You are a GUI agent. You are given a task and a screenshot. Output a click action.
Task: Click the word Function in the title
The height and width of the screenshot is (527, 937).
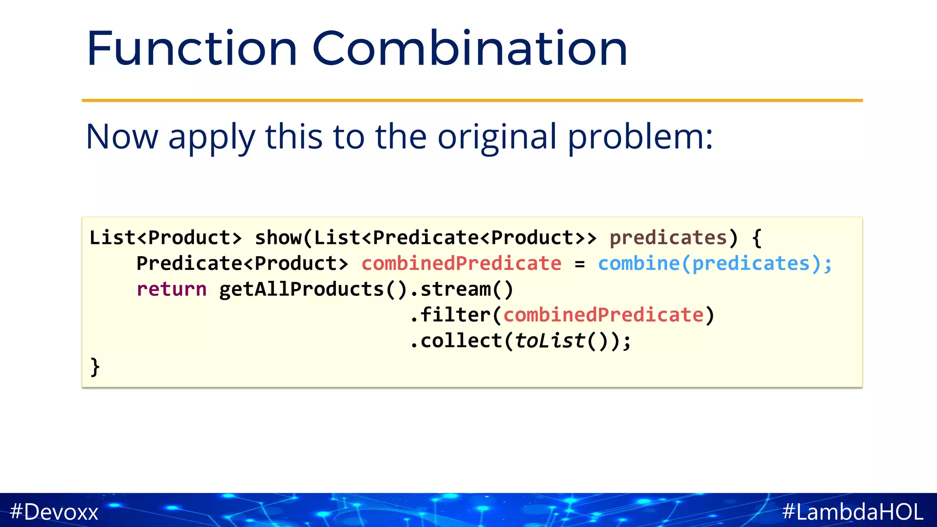192,48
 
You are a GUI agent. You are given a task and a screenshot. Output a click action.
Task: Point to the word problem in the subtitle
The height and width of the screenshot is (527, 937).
640,137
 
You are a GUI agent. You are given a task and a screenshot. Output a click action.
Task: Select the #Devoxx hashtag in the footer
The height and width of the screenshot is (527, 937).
54,511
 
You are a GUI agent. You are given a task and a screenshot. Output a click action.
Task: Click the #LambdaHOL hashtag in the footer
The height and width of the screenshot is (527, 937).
853,511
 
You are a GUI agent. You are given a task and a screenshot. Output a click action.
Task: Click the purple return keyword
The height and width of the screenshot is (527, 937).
172,289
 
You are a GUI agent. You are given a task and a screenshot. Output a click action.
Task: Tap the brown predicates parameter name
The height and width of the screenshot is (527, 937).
668,238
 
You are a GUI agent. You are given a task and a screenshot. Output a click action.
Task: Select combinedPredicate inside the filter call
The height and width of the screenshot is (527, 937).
603,315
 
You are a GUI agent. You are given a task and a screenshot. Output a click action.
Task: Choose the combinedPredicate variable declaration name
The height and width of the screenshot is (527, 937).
461,263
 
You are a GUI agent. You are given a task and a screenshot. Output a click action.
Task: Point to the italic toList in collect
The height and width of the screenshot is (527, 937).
549,341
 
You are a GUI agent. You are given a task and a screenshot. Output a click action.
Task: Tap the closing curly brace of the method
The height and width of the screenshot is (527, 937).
95,366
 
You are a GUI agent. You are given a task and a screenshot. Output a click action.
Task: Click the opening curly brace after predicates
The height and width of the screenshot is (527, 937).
757,238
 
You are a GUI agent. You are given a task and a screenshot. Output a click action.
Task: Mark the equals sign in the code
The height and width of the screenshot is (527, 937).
580,264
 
